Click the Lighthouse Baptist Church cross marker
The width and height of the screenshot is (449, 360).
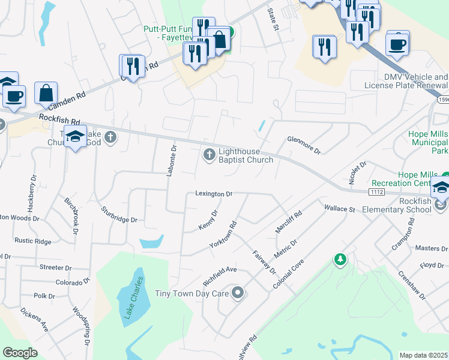click(x=209, y=155)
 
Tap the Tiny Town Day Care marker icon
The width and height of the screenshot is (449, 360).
click(x=238, y=293)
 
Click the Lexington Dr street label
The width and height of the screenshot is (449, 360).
click(x=213, y=194)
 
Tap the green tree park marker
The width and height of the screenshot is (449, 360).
click(x=340, y=259)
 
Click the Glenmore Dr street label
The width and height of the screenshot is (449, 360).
click(x=304, y=145)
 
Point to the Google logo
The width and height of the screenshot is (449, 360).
click(x=20, y=353)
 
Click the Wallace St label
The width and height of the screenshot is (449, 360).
click(x=340, y=209)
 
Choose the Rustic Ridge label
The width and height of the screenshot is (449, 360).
click(x=33, y=241)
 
